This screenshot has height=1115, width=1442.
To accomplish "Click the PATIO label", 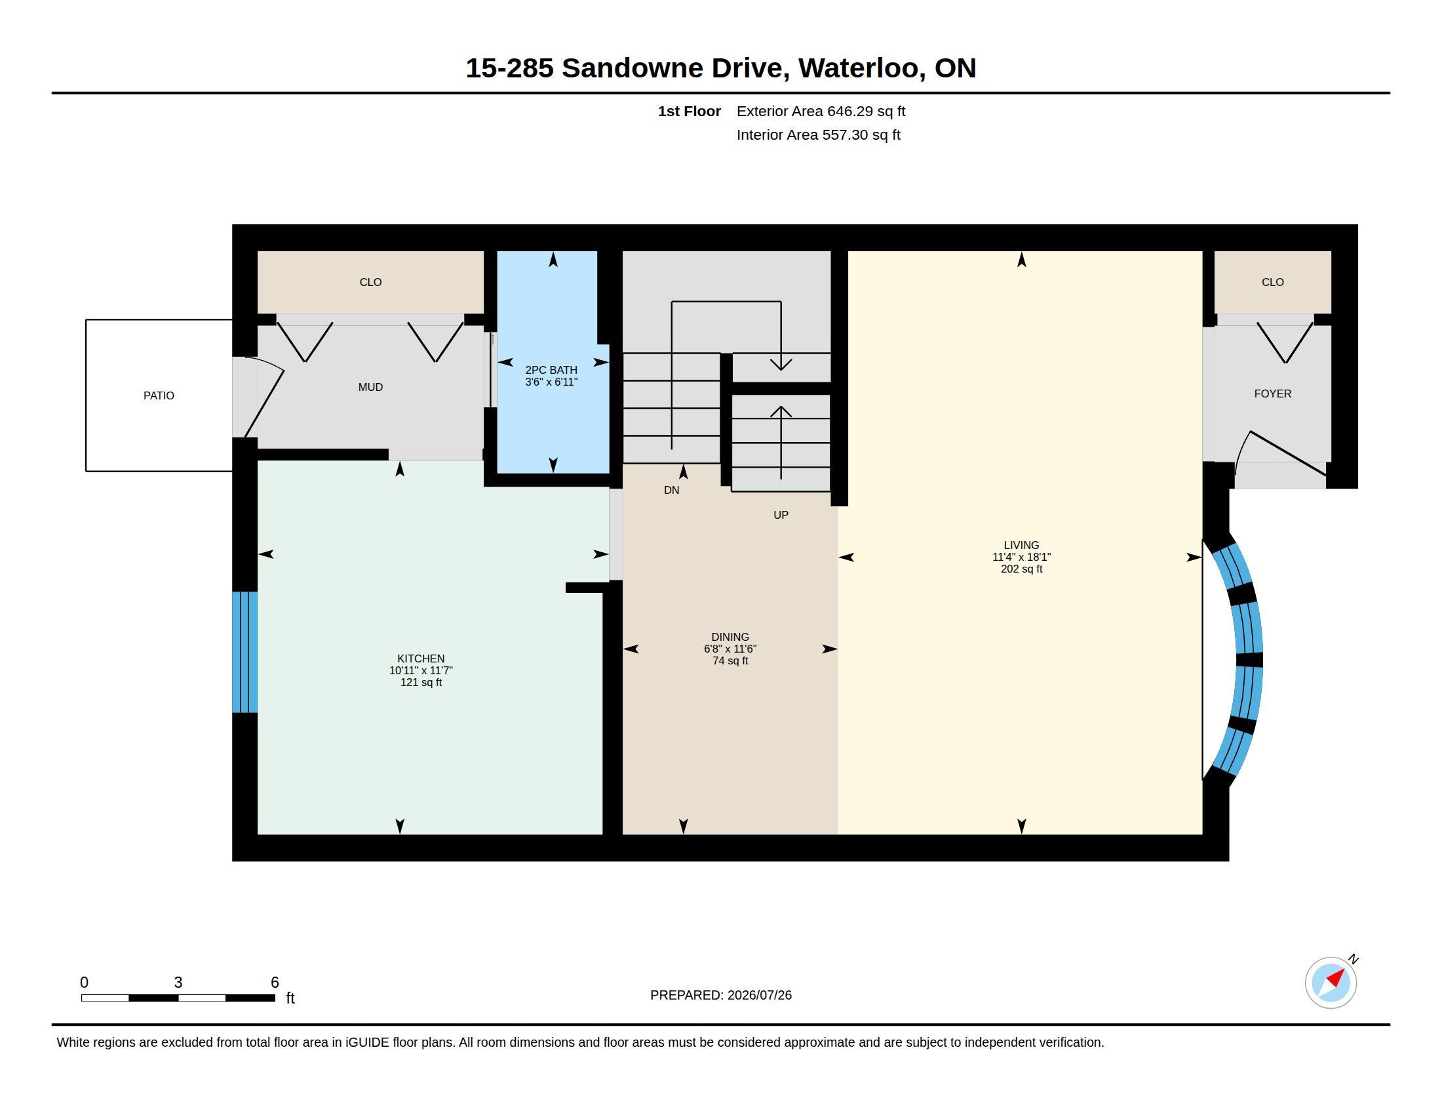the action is [159, 395].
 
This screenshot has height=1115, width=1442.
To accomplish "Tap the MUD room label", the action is [370, 387].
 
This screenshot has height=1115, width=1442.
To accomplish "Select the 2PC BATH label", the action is [551, 370].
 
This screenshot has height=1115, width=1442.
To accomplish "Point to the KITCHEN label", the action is [421, 659].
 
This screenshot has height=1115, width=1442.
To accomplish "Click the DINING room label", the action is [730, 637].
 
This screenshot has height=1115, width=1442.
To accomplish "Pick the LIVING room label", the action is [1021, 545].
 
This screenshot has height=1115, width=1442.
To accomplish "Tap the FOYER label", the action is [1273, 394].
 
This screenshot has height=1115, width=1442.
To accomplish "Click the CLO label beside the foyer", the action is [1273, 282].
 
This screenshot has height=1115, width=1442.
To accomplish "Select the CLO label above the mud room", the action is [370, 282].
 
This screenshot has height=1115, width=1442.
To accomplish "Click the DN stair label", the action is [671, 490].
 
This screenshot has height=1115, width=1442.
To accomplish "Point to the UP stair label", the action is [781, 516].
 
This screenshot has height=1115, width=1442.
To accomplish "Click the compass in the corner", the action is [1331, 983].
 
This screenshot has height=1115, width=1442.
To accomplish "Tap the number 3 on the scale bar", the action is [178, 983].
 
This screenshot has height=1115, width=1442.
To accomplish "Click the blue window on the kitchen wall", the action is [244, 652].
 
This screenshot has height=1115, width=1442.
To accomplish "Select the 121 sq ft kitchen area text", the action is [421, 682].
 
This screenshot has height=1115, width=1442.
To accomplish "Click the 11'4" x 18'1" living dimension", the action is [1021, 557].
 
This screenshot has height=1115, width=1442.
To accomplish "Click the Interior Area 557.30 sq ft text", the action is [818, 134].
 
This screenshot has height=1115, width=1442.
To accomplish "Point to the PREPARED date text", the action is [721, 995].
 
